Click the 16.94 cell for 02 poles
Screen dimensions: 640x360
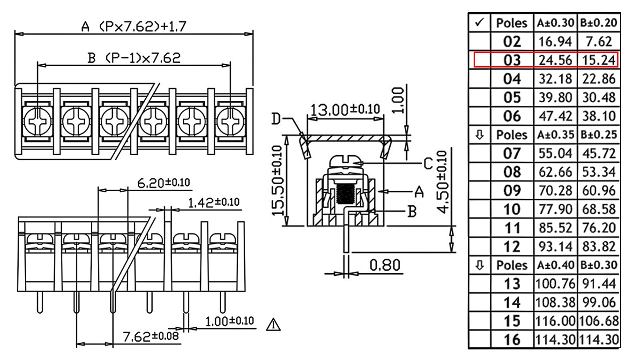click(555, 42)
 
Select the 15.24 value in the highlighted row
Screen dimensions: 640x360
click(599, 60)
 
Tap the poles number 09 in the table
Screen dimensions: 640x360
click(512, 191)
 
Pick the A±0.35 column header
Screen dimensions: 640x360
click(555, 135)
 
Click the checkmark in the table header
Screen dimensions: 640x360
click(480, 22)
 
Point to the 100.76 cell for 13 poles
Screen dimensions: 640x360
click(555, 284)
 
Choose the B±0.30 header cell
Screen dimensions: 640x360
click(599, 265)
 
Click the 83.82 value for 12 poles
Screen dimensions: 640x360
click(599, 247)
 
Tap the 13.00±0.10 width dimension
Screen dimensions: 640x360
click(345, 109)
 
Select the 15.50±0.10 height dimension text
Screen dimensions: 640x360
click(277, 181)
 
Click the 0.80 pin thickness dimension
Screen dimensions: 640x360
click(385, 265)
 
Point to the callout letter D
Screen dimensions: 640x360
click(276, 119)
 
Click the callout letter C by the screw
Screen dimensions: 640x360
click(428, 164)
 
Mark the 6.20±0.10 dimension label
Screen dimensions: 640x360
click(164, 183)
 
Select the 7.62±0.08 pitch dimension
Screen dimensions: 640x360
click(150, 336)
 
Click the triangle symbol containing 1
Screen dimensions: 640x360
click(273, 325)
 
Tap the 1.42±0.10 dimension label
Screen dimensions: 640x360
click(214, 202)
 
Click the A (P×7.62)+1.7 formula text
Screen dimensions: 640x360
click(134, 27)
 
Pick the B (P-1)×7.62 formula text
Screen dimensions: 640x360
click(134, 58)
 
